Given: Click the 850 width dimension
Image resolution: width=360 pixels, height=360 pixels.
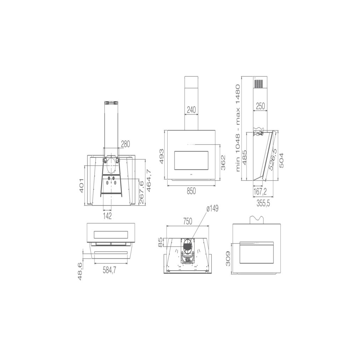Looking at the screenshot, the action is [x=191, y=191].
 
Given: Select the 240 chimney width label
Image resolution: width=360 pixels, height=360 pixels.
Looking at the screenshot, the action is [x=191, y=110].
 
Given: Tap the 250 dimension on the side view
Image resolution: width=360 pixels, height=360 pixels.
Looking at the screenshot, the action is [x=260, y=106].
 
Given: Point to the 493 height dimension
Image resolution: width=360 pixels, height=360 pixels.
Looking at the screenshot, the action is [x=162, y=156].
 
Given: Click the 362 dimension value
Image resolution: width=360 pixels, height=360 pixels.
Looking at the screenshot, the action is [x=223, y=162].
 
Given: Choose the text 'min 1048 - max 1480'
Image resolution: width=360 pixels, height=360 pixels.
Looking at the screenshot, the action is [x=238, y=128].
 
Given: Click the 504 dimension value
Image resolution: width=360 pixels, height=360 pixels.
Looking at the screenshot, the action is [x=281, y=160].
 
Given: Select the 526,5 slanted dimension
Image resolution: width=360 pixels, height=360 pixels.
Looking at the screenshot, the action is [x=273, y=159].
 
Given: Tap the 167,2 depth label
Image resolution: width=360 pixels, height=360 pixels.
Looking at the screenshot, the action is [x=260, y=192].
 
